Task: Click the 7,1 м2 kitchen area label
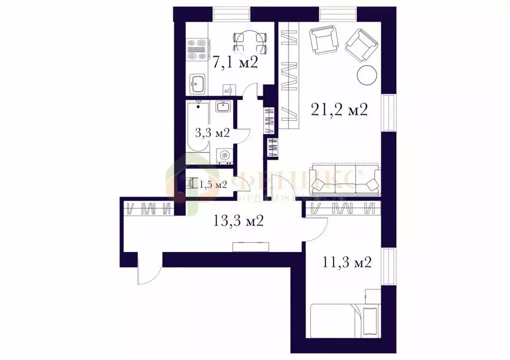click(x=235, y=63)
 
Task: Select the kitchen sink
click(x=198, y=83)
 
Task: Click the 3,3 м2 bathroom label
click(x=212, y=133)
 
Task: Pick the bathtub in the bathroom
click(x=197, y=127)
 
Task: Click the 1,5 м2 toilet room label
click(x=213, y=185)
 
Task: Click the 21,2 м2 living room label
click(x=339, y=110)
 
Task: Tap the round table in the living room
click(x=367, y=75)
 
